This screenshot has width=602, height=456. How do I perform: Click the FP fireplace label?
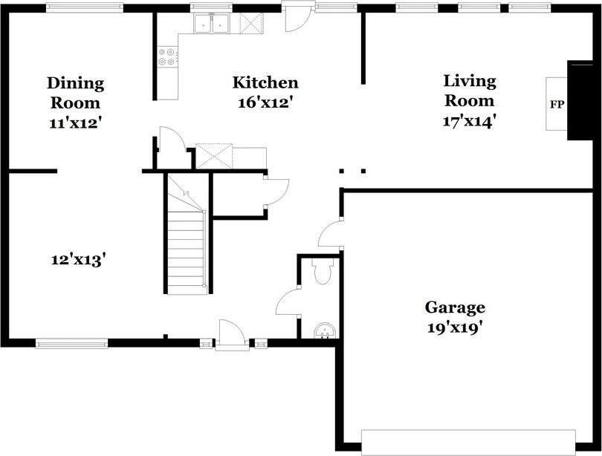[557, 104]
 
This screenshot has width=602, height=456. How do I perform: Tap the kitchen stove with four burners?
[168, 56]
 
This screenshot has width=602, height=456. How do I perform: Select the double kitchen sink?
[212, 23]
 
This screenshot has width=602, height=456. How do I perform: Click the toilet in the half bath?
[322, 272]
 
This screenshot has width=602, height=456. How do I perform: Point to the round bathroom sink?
[326, 330]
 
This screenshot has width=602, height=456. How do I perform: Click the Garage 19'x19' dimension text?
[455, 328]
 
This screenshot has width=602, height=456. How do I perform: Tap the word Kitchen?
[265, 82]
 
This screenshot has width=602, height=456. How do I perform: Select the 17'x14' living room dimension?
[468, 121]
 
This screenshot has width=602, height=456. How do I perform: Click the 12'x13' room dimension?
[78, 260]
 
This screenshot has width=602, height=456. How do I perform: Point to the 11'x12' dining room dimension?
[75, 123]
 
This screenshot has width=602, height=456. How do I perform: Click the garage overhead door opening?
[468, 442]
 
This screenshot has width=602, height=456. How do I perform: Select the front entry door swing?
[230, 334]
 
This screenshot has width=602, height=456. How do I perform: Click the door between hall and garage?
[331, 232]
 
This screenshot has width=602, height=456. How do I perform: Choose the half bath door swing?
[288, 301]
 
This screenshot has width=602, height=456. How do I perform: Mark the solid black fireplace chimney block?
[583, 100]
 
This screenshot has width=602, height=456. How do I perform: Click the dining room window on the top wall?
[85, 7]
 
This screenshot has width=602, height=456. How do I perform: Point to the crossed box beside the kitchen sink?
[251, 24]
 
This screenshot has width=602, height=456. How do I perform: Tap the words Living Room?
[470, 91]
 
